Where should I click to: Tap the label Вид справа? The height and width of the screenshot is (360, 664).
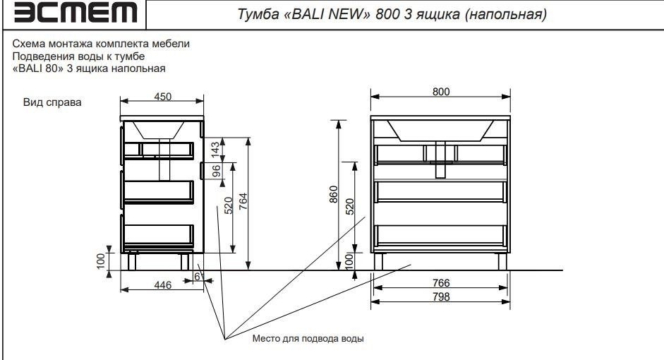click(53, 103)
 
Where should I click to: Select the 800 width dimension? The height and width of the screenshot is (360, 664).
click(441, 92)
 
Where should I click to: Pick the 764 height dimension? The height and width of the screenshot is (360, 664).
click(242, 203)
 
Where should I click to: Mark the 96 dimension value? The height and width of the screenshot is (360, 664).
click(217, 170)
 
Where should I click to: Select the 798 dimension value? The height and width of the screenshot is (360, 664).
click(440, 296)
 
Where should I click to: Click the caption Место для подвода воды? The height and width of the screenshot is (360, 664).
click(308, 339)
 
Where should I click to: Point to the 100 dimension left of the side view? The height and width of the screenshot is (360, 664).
click(101, 260)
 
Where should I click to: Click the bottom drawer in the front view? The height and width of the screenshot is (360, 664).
click(440, 235)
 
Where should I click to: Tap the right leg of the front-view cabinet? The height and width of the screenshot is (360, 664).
click(502, 261)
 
